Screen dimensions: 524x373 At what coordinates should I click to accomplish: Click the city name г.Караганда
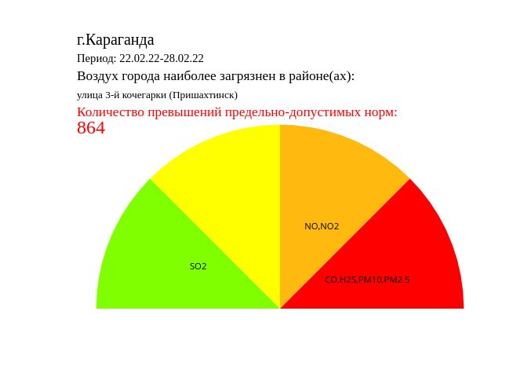tap(115, 40)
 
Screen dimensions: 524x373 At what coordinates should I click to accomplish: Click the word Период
tap(96, 59)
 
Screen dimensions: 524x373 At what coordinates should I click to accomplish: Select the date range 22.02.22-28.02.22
tap(162, 58)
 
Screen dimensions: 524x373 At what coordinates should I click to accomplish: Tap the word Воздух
tap(98, 76)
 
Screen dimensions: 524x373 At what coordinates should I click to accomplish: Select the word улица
tap(89, 95)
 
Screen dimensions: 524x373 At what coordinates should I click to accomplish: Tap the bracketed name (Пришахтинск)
tap(203, 95)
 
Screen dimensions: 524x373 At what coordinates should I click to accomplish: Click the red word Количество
tap(111, 112)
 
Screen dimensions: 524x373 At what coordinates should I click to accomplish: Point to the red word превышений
tap(185, 112)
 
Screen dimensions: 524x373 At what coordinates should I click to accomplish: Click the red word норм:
tap(380, 113)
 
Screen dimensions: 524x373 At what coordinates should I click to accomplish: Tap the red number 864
tap(91, 128)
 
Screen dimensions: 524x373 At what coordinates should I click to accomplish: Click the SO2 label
tap(198, 266)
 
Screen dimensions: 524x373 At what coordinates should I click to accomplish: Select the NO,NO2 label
tap(322, 226)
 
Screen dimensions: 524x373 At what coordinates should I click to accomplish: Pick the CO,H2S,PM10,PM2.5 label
tap(367, 280)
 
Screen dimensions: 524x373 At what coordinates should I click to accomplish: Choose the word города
tap(140, 77)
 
